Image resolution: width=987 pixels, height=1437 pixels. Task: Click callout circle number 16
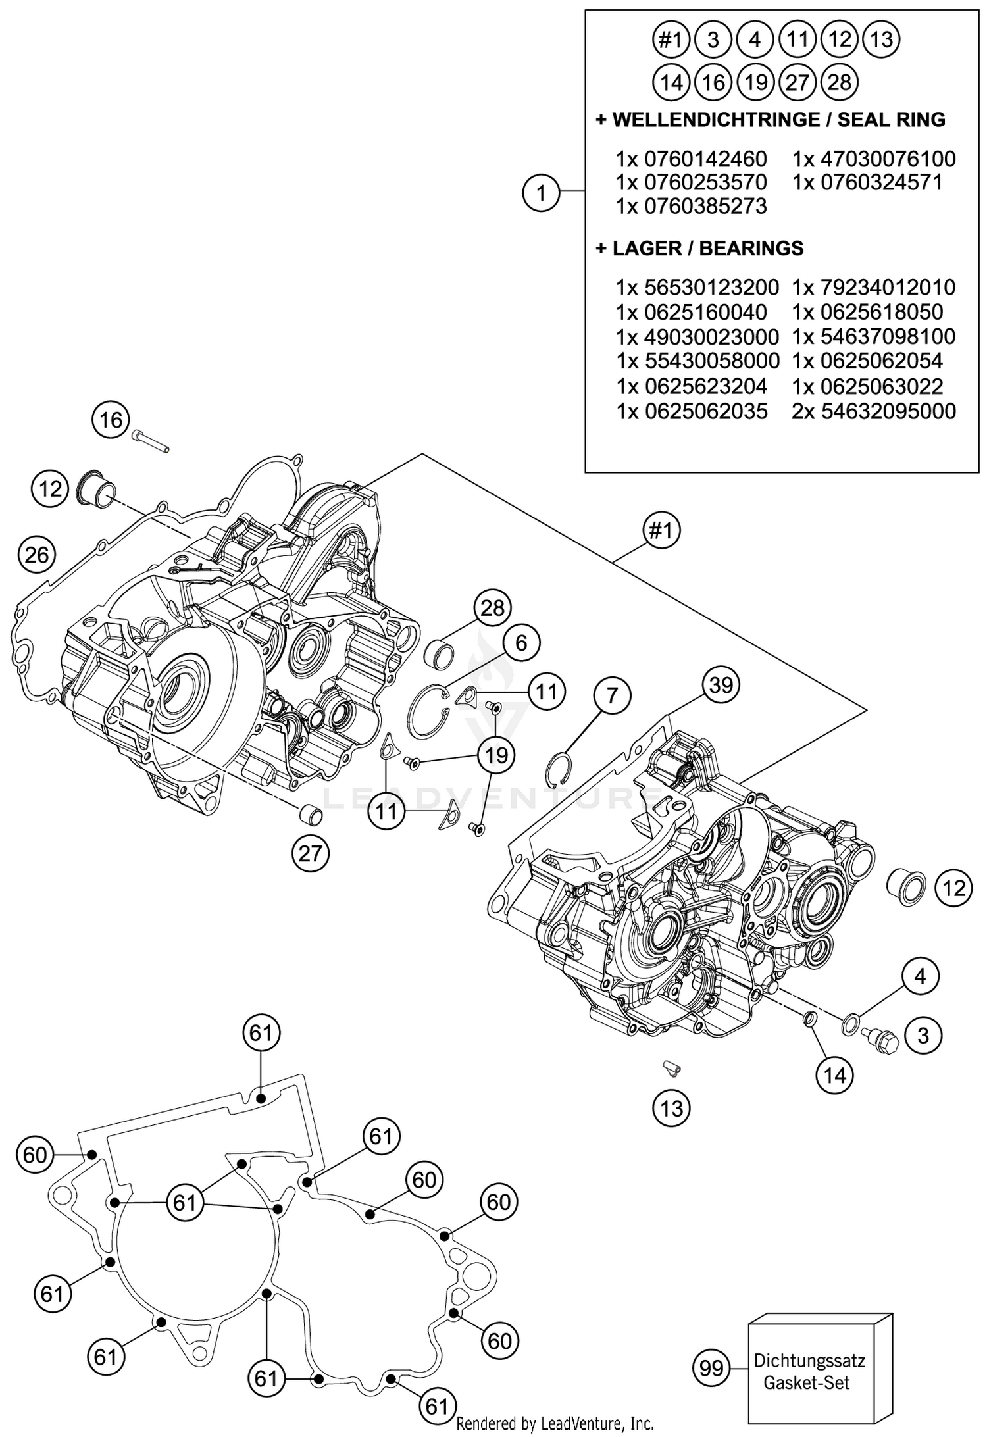pos(111,420)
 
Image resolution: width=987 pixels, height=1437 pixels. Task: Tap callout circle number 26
pos(36,555)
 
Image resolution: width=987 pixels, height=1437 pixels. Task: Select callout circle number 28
pos(492,608)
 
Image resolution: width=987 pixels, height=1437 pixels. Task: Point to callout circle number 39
pos(721,685)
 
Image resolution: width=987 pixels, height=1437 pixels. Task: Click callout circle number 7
pos(612,695)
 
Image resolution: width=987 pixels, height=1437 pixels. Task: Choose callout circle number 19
pos(496,755)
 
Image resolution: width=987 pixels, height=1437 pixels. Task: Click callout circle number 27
pos(310,853)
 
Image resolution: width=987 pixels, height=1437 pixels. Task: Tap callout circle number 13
pos(671,1109)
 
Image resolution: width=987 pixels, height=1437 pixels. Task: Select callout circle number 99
pos(711,1369)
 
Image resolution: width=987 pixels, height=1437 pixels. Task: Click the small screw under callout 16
pos(151,439)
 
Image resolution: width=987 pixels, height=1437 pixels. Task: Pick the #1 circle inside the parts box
pos(670,41)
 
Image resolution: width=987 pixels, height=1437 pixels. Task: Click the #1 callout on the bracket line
pos(661,530)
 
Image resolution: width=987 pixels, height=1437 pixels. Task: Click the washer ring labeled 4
pos(850,1024)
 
